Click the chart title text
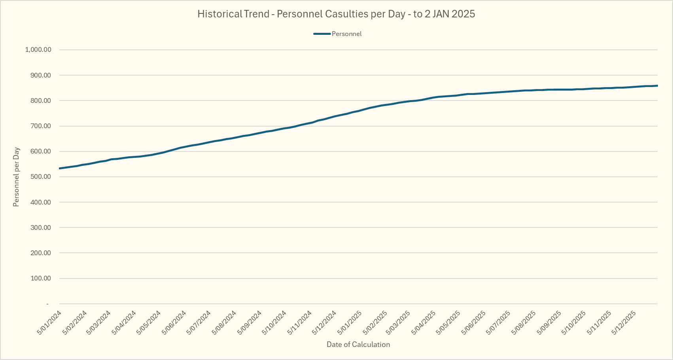[x=336, y=14]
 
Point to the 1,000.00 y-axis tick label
[x=38, y=50]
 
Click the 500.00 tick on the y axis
[x=41, y=177]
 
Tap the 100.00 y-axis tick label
[x=41, y=279]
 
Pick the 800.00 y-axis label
[x=41, y=101]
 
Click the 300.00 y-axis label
[x=41, y=228]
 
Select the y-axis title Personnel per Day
[x=16, y=177]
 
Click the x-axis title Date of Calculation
[x=358, y=345]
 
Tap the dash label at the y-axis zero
[x=47, y=304]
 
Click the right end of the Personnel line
[x=657, y=85]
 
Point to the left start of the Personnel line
[x=59, y=169]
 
